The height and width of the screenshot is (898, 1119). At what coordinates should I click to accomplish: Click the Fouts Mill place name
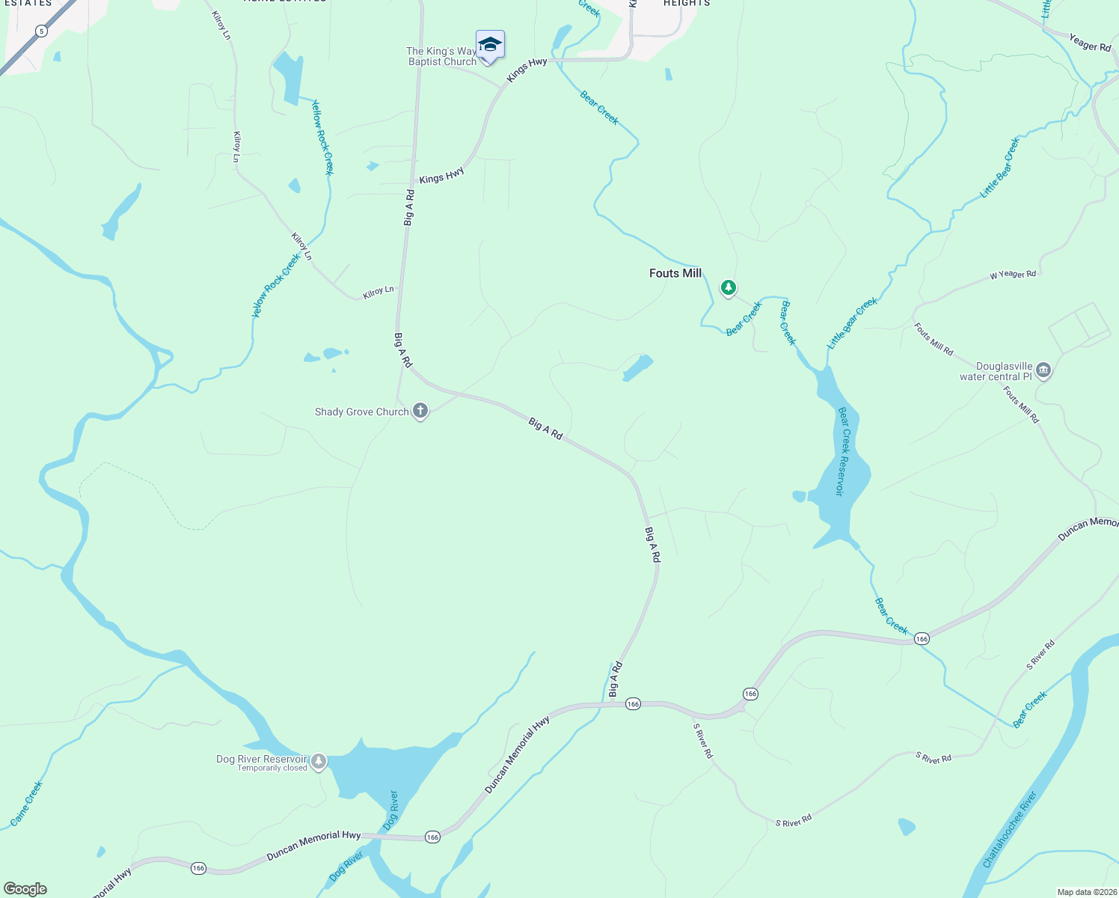coord(675,273)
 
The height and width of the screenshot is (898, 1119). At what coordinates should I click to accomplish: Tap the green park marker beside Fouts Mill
coord(728,287)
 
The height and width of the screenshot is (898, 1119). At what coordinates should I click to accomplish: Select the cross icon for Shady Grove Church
coord(420,411)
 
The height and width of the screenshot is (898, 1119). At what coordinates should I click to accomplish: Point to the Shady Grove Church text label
coord(361,412)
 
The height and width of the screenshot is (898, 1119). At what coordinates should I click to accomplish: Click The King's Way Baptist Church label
coord(441,57)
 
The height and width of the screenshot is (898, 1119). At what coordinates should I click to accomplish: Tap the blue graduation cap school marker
coord(490,45)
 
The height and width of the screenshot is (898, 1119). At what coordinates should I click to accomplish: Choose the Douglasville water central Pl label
coord(996,372)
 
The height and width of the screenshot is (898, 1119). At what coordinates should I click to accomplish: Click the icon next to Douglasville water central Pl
coord(1043,370)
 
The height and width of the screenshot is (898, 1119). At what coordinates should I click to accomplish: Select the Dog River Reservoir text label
coord(262,759)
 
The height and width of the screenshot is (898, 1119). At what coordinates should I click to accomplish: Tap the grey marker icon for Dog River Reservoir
coord(319,761)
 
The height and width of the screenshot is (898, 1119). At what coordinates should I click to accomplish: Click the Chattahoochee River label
coord(1010,830)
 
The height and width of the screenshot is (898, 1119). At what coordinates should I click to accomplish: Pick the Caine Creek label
coord(27,804)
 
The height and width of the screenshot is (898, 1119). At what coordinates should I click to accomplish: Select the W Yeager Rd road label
coord(1013,275)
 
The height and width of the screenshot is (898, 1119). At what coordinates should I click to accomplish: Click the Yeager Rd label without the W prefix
coord(1090,43)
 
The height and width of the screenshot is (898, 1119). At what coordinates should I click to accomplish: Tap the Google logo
coord(25,889)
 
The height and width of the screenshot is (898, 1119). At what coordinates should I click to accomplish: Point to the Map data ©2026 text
coord(1086,892)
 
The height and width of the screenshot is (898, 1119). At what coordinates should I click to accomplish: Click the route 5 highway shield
coord(41,31)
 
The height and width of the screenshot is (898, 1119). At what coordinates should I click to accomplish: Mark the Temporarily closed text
coord(272,769)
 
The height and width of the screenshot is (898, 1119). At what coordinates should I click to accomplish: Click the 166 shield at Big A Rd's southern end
coord(633,703)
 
